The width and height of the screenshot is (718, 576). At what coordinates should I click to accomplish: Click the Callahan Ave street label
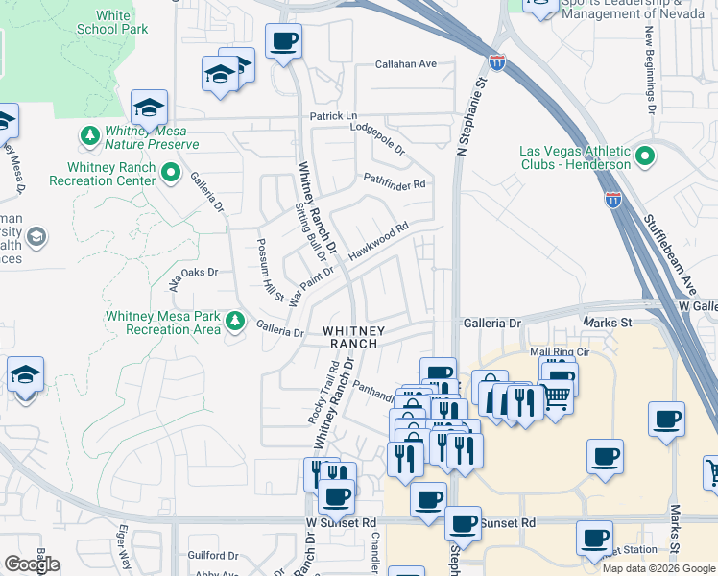(406, 64)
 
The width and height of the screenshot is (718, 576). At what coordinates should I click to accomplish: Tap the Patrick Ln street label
(332, 116)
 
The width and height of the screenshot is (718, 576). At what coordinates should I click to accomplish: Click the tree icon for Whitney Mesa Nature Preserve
(90, 136)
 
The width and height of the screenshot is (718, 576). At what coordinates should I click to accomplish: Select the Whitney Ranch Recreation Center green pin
(172, 174)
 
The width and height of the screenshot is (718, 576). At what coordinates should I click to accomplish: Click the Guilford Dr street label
(213, 555)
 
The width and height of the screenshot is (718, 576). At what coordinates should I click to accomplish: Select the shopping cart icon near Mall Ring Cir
(556, 395)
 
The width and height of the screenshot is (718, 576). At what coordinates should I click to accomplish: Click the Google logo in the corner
(32, 564)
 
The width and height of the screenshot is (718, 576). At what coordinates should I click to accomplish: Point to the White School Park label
(113, 23)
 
